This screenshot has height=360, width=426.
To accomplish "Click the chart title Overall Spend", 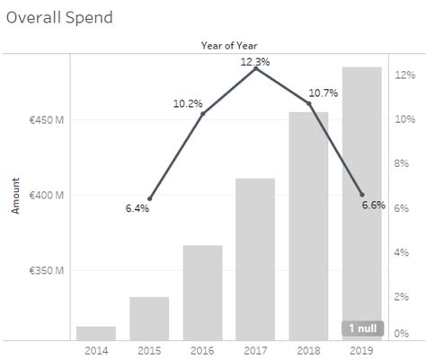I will tap(59, 18).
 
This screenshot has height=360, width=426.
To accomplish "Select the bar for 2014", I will tap(95, 333).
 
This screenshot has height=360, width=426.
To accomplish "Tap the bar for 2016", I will tap(202, 293).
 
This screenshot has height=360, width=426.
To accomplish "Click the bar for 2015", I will tap(149, 318).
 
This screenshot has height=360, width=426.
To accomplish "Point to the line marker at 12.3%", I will tap(256, 68).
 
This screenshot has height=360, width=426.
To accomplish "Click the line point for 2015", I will tap(149, 198).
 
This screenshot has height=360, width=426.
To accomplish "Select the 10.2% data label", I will tap(187, 104).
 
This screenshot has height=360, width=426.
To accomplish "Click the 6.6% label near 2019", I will tap(373, 206).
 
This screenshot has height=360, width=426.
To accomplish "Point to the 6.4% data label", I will tap(138, 209).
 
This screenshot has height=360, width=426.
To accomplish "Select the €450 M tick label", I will tap(45, 120).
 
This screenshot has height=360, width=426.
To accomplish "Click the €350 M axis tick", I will tap(45, 269).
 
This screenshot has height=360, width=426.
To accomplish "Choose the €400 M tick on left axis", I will tap(45, 195).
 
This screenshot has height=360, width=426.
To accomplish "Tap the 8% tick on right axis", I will tap(404, 164).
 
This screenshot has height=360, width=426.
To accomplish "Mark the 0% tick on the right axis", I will tap(404, 333).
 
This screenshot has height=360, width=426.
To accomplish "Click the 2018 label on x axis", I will tap(308, 350).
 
